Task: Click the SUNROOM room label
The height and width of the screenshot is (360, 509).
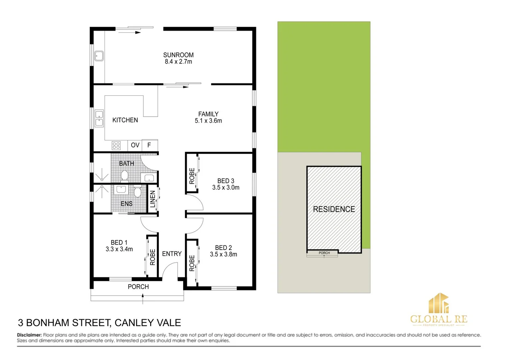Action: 178,55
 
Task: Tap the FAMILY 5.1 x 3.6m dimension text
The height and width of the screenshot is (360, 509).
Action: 208,121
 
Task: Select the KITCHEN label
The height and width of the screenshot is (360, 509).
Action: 125,120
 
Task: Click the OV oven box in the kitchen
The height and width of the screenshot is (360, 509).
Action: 135,145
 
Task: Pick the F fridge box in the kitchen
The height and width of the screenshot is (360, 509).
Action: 149,145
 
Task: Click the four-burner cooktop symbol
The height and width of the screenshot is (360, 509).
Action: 116,145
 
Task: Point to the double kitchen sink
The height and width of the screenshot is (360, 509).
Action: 99,118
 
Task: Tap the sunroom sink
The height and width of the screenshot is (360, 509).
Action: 99,56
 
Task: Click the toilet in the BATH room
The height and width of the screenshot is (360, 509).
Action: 125,175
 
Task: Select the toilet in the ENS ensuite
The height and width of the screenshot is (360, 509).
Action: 138,192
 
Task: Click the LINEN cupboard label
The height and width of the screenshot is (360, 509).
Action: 153,199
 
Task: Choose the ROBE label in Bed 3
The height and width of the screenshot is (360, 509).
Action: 192,176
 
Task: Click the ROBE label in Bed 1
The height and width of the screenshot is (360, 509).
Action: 153,257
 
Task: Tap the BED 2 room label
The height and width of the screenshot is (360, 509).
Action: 223,248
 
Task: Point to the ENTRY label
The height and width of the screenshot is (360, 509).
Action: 172,254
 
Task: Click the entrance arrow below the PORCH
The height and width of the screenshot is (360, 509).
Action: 143,299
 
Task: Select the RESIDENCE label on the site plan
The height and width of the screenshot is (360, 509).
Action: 334,209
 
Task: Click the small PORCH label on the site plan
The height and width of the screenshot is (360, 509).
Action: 324,253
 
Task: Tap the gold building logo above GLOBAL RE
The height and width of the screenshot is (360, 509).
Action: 439,303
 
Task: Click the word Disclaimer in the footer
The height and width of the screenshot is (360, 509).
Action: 29,335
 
